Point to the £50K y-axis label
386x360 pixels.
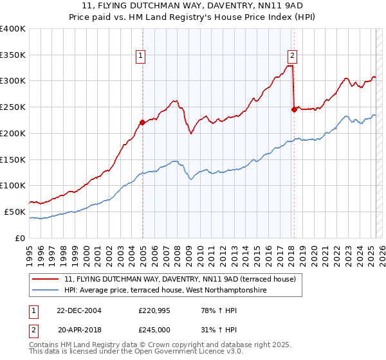pos(15,212)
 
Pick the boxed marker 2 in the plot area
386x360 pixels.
pos(292,55)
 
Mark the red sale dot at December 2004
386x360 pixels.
pos(142,122)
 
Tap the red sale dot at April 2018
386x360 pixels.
pos(294,109)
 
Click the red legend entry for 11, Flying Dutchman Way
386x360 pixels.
pos(179,279)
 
